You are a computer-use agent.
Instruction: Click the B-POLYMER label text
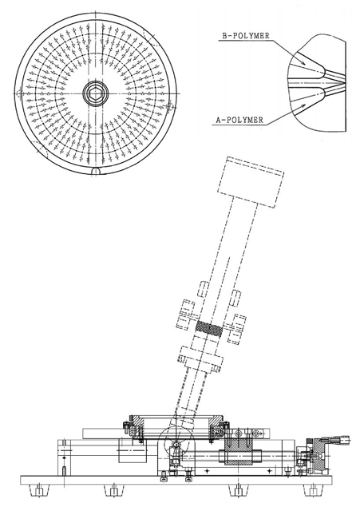coord(246,36)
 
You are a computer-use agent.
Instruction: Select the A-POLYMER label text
coord(239,120)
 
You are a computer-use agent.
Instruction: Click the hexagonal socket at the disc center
coord(95,93)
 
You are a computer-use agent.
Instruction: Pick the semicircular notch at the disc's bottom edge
coord(96,172)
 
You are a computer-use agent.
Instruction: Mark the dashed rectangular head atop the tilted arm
coord(251,182)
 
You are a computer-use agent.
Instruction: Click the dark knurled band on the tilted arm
coord(209,329)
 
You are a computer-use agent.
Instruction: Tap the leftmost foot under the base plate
coord(40,490)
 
